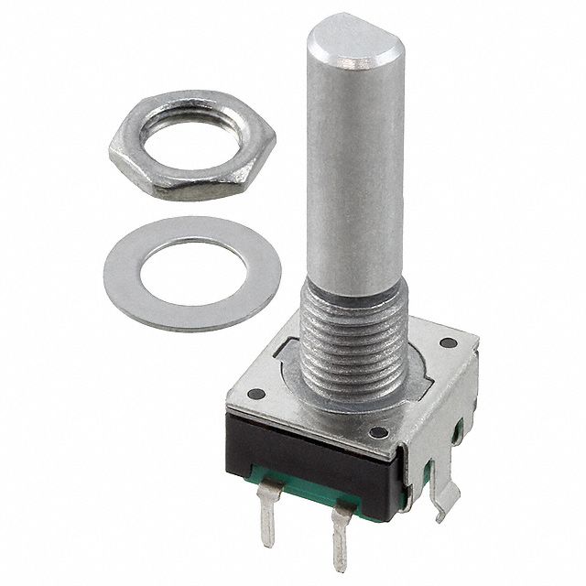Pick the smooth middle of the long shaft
352,183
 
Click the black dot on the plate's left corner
257,394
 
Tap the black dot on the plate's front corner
377,431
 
